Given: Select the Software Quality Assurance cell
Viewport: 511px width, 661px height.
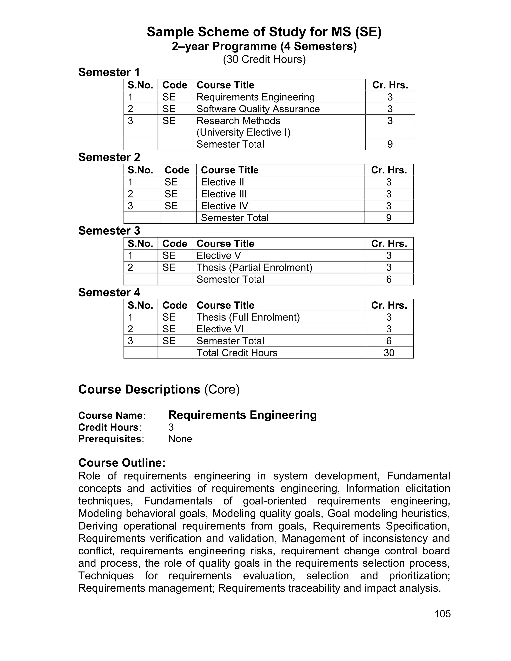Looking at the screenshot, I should [x=258, y=109].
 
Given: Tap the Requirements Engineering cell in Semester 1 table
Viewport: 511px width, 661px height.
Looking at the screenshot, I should [x=255, y=97].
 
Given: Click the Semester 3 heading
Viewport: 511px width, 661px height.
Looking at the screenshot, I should [x=109, y=231].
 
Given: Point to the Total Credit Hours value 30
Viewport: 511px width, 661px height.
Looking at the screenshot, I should [x=389, y=353].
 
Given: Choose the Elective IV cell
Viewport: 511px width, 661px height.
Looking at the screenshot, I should [x=224, y=206].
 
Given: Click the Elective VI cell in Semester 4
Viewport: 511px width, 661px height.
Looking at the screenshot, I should [x=220, y=329].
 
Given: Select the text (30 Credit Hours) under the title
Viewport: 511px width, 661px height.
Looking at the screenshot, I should [x=264, y=59].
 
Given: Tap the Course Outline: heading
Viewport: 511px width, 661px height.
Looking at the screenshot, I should [x=122, y=463].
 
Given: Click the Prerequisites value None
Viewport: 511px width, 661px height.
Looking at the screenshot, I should [x=180, y=439].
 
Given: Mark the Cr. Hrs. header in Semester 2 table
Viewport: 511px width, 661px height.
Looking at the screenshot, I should [x=389, y=170].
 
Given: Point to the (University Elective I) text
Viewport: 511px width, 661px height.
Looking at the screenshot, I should [x=243, y=132].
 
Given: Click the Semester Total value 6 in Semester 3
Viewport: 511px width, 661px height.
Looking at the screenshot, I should [x=389, y=279].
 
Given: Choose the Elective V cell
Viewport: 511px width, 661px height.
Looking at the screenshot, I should [x=219, y=255].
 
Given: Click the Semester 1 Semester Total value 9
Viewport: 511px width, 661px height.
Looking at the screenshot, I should [x=390, y=144].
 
